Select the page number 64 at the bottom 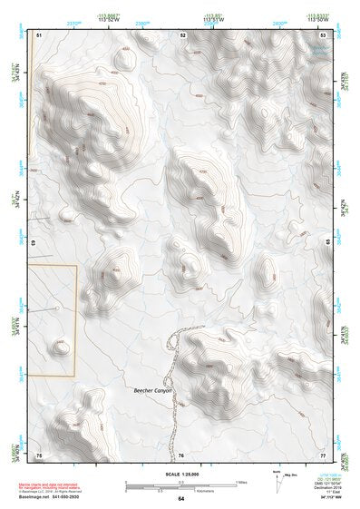(x=180, y=499)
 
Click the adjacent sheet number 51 (x=39, y=34)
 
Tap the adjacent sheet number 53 (x=324, y=34)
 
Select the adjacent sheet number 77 (x=323, y=454)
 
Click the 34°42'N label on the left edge (x=15, y=201)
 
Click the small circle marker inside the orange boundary (x=57, y=308)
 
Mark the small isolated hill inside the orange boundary (x=61, y=346)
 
